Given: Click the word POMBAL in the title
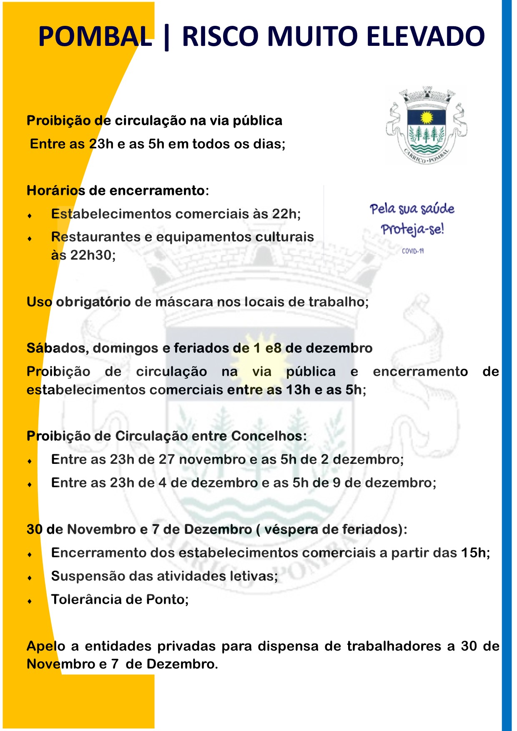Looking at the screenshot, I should [x=95, y=36].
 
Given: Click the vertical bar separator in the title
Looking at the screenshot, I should [x=167, y=37].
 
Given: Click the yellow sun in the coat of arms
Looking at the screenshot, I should [x=427, y=118].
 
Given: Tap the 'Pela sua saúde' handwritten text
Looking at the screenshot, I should [x=412, y=208].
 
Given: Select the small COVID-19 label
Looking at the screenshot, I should [x=413, y=251].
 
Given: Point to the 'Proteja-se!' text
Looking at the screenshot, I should [x=412, y=229].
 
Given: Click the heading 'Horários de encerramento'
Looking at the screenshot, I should [x=116, y=190].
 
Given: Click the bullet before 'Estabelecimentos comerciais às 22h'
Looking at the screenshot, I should [x=30, y=215].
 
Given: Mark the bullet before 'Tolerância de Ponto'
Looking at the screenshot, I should [x=30, y=601].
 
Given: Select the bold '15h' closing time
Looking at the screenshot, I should [x=473, y=553].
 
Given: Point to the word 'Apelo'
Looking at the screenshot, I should [x=46, y=646].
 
